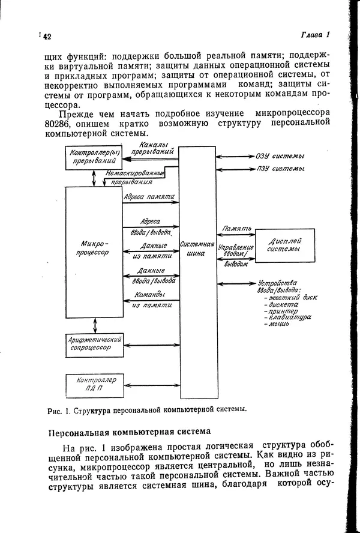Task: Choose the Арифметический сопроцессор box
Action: [94, 344]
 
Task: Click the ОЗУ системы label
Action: [280, 155]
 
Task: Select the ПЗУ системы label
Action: [280, 170]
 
